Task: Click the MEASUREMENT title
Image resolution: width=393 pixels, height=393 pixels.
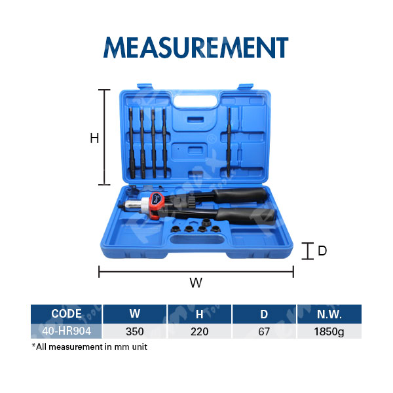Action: coord(196,47)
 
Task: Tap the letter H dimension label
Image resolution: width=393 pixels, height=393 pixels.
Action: coord(94,138)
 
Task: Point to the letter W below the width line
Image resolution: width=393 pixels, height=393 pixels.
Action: coord(196,283)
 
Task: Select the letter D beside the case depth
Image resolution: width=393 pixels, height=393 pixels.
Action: coord(322,251)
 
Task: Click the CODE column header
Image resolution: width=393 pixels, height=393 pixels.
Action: coord(66,314)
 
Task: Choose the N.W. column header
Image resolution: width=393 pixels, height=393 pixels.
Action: coord(329,314)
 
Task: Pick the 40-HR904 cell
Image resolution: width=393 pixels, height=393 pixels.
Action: coord(66,331)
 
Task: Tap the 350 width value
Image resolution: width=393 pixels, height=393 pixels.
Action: coord(134,331)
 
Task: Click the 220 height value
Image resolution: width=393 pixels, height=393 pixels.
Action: coord(200,331)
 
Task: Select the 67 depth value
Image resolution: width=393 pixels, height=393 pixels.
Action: coord(264,331)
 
